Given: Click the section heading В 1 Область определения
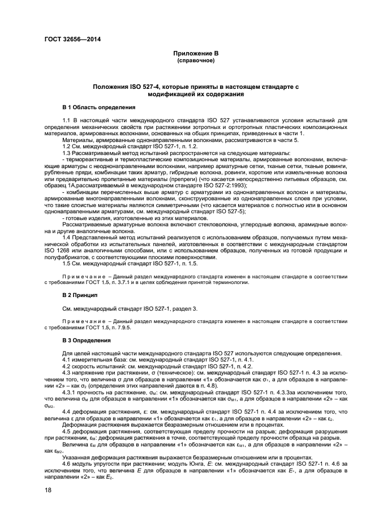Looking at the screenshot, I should tap(98, 106).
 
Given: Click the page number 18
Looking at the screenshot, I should tap(48, 491).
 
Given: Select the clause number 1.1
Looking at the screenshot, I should tap(67, 120).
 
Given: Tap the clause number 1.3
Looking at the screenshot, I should tap(67, 153).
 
